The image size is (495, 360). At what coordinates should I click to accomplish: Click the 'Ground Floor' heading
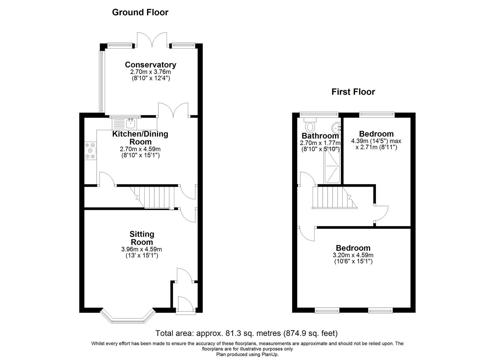pos(140,12)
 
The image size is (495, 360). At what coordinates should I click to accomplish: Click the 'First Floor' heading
pos(353,92)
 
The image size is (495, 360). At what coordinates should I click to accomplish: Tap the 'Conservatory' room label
pos(150,65)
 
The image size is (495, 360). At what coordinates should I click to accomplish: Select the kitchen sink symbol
pos(131,124)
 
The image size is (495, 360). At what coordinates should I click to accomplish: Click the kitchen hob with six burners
pos(90,151)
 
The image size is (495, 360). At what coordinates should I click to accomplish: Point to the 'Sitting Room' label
pos(142,238)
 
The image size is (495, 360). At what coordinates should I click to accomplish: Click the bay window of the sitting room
pos(128,317)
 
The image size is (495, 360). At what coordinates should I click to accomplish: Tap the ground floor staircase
pos(155,197)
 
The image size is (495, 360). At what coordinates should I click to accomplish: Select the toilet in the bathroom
pos(310,126)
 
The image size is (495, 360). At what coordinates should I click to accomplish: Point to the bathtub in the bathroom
pos(332,166)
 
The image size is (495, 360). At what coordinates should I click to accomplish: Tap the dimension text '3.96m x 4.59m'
pos(142,249)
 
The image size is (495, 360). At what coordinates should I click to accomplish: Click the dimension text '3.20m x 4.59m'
pos(353,255)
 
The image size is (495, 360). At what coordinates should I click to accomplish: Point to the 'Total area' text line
pos(247,333)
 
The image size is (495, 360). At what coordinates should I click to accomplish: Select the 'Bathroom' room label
pos(320,136)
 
